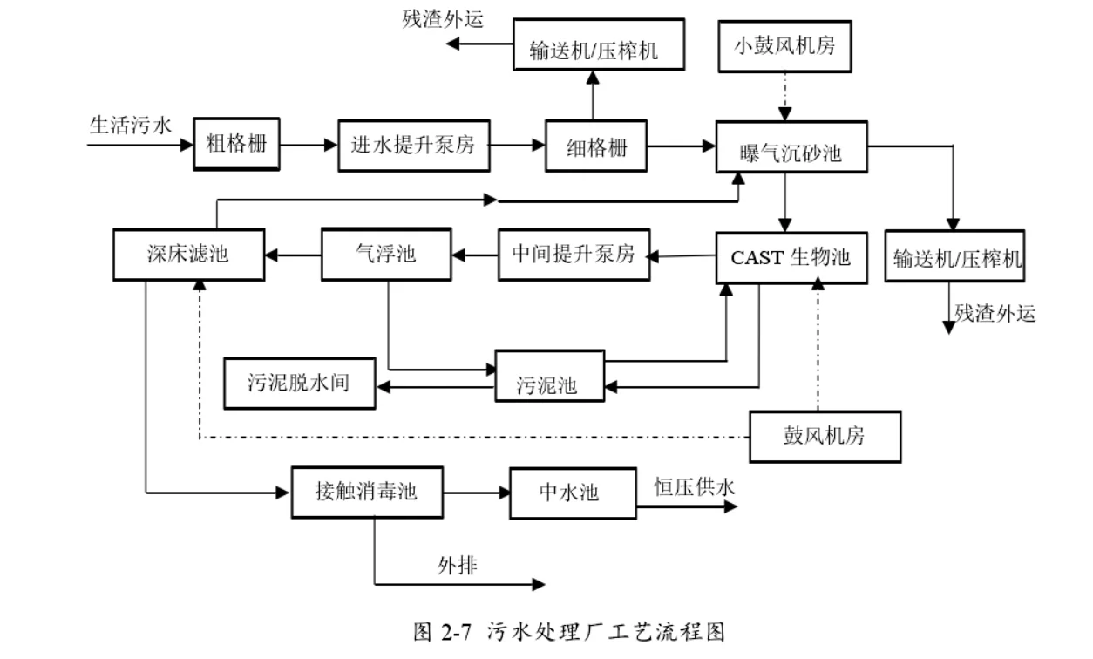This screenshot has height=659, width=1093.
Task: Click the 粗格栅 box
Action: [x=236, y=145]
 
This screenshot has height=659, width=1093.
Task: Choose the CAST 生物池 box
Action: [x=791, y=257]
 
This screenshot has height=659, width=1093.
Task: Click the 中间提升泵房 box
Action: [x=574, y=255]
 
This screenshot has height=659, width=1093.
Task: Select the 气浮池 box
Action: [x=386, y=254]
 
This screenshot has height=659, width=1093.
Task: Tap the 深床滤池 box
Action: [x=188, y=255]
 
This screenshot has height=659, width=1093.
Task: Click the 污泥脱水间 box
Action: [x=300, y=383]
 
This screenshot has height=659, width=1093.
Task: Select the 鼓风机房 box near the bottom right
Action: [x=825, y=436]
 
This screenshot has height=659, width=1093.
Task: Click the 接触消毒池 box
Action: [x=366, y=493]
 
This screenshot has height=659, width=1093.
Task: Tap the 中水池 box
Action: [x=567, y=493]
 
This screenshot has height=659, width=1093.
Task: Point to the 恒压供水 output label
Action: [x=694, y=487]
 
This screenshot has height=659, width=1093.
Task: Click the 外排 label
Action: [x=457, y=567]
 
